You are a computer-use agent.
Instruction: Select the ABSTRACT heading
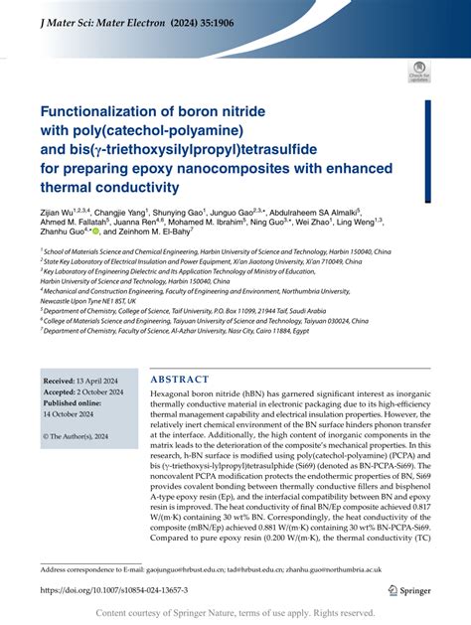[x=179, y=380]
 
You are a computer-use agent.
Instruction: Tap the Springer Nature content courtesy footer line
[x=235, y=615]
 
